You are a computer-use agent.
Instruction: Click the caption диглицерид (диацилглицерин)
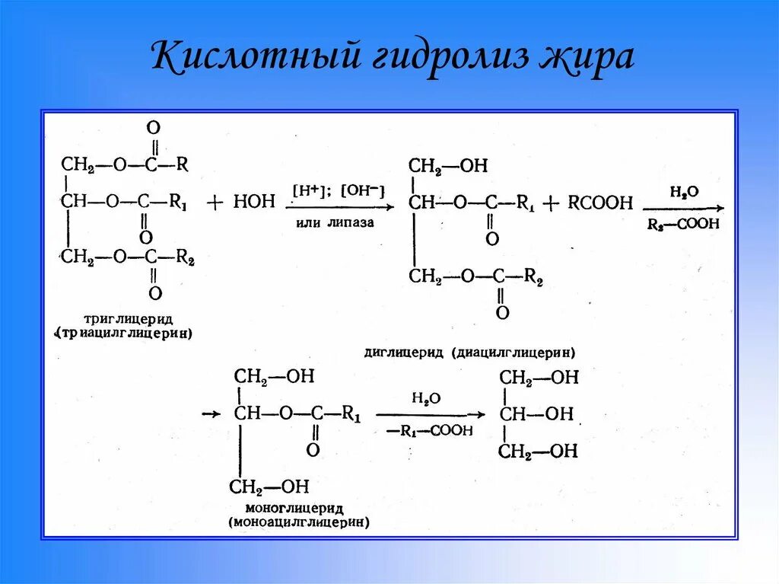pyautogui.click(x=470, y=353)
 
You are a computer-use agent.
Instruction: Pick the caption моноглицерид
pyautogui.click(x=295, y=508)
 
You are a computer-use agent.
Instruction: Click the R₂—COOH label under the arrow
pyautogui.click(x=682, y=225)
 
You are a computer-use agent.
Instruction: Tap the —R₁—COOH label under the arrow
pyautogui.click(x=429, y=431)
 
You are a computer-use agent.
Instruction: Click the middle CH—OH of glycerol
pyautogui.click(x=537, y=414)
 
